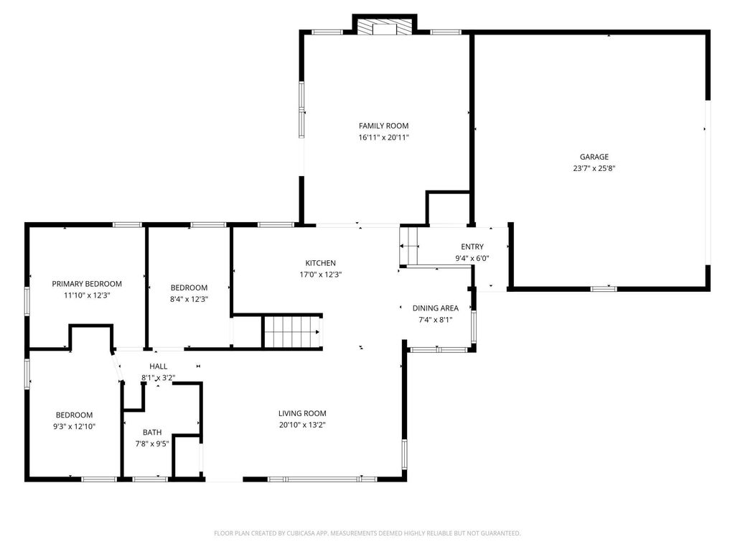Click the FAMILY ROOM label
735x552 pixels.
[383, 126]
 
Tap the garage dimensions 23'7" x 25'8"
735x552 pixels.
[594, 169]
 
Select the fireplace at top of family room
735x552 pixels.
[384, 27]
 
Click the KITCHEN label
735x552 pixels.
[320, 263]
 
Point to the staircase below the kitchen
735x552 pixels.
[291, 333]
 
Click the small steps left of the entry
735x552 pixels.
[409, 246]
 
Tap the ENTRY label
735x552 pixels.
[472, 247]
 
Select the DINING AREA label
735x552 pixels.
[435, 308]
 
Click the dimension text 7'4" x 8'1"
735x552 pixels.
[435, 320]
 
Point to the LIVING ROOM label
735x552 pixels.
[302, 413]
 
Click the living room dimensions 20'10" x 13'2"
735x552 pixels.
[302, 425]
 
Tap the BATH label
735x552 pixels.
[151, 432]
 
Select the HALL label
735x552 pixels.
[158, 367]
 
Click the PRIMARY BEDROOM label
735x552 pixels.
[87, 284]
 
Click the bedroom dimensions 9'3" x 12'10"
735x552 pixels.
[75, 426]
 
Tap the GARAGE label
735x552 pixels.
[594, 157]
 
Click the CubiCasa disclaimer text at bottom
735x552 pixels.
[367, 533]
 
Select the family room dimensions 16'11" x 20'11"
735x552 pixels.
[383, 137]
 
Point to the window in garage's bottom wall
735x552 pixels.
[603, 289]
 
